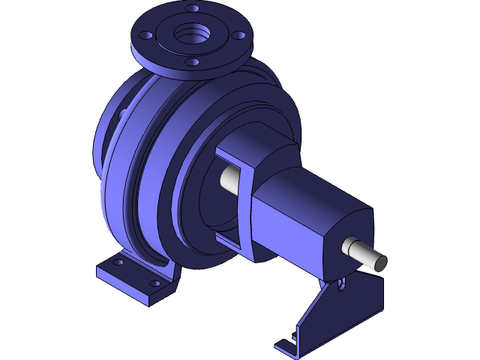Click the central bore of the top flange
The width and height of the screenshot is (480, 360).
click(192, 34)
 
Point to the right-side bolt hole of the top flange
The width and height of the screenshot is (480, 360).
click(238, 34)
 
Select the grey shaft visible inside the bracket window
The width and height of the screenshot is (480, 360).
click(232, 178)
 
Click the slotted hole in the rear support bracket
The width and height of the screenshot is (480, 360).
click(342, 284)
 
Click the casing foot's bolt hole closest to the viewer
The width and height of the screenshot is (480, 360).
click(154, 283)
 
